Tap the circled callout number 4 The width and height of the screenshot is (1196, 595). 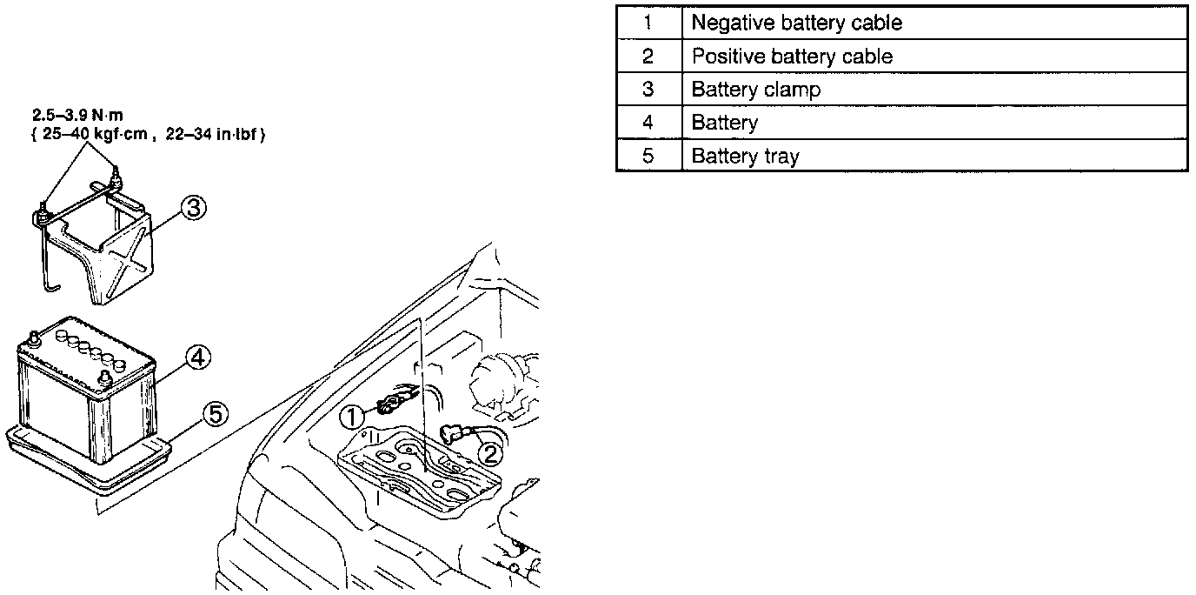coord(197,357)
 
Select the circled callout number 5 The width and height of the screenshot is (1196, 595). coord(216,414)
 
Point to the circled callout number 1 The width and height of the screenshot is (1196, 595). coord(353,418)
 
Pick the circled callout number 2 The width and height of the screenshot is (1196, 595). coord(490,452)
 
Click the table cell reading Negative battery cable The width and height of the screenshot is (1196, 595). coord(934,23)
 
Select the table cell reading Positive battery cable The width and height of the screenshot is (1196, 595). coord(934,57)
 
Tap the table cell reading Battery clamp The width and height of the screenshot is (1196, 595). coord(934,90)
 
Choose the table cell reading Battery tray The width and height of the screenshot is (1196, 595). coord(934,156)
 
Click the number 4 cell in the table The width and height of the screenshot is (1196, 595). coord(648,123)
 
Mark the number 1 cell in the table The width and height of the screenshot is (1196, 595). coord(648,23)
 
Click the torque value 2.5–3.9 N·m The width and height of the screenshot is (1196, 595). coord(68,116)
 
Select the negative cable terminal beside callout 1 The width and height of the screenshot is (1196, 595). coord(388,403)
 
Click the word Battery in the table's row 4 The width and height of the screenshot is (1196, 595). coord(724,123)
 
